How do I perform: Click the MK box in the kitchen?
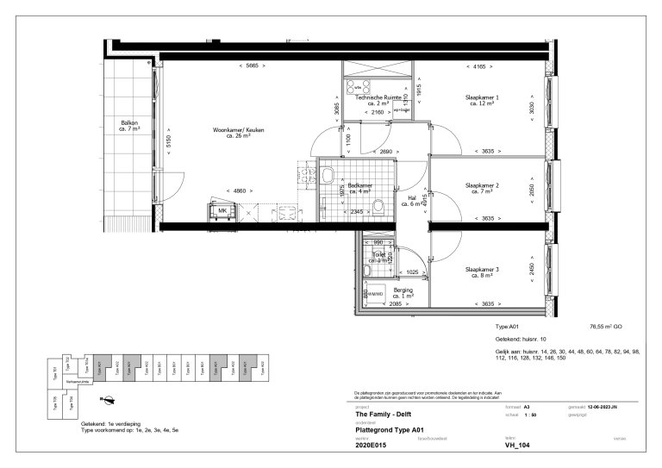tap(222, 210)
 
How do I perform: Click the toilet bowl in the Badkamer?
tap(378, 205)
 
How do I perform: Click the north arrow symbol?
tap(109, 397)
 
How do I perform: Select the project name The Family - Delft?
tap(385, 415)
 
